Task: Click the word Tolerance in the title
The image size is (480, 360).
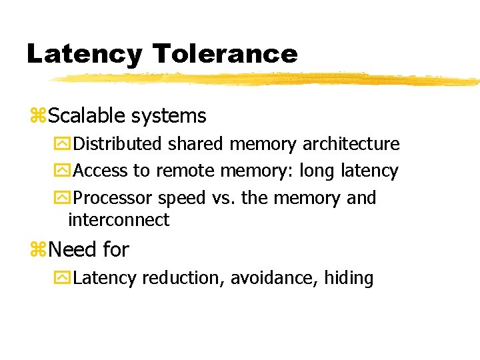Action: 225,53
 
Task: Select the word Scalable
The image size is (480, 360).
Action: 87,116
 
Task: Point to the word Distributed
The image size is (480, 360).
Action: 117,144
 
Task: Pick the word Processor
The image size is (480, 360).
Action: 113,199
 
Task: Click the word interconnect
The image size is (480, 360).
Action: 119,220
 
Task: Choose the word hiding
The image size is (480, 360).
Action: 349,278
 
